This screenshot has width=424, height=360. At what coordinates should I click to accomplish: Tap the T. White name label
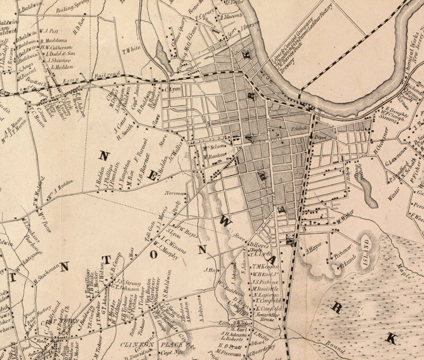pyautogui.click(x=130, y=50)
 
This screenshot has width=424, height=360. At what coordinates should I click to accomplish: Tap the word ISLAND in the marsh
pyautogui.click(x=365, y=245)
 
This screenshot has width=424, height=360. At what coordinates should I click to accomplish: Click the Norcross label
pyautogui.click(x=174, y=194)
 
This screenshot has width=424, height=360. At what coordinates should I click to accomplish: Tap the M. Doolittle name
pyautogui.click(x=266, y=289)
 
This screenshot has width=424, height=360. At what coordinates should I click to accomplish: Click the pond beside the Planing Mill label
pyautogui.click(x=162, y=55)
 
